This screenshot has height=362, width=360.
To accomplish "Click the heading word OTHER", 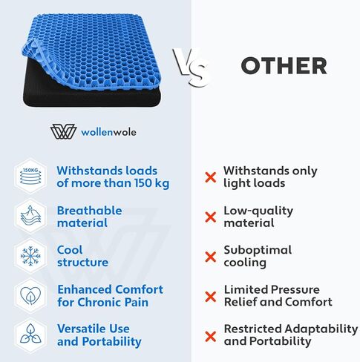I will pos(284,65).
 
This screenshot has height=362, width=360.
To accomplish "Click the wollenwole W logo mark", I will pos(64,131).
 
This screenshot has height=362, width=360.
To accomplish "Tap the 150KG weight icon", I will pos(29,177).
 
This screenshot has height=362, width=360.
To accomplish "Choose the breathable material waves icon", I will pos(29,217).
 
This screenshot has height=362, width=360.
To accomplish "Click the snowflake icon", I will pos(29,256).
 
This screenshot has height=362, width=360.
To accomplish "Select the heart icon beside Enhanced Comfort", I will pos(29,295).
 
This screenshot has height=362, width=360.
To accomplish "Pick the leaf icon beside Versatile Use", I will pos(29,335).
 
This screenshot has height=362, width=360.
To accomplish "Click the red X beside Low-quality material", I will pos(211,217).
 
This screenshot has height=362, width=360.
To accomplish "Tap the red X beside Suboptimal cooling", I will pos(211,257).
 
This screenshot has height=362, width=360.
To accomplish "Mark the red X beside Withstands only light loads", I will pos(211,177).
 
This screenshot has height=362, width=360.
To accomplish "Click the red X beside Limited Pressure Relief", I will pos(211,296).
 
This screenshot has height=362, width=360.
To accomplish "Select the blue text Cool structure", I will pos(82,256).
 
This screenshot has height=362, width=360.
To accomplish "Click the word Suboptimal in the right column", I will pos(258,250).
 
